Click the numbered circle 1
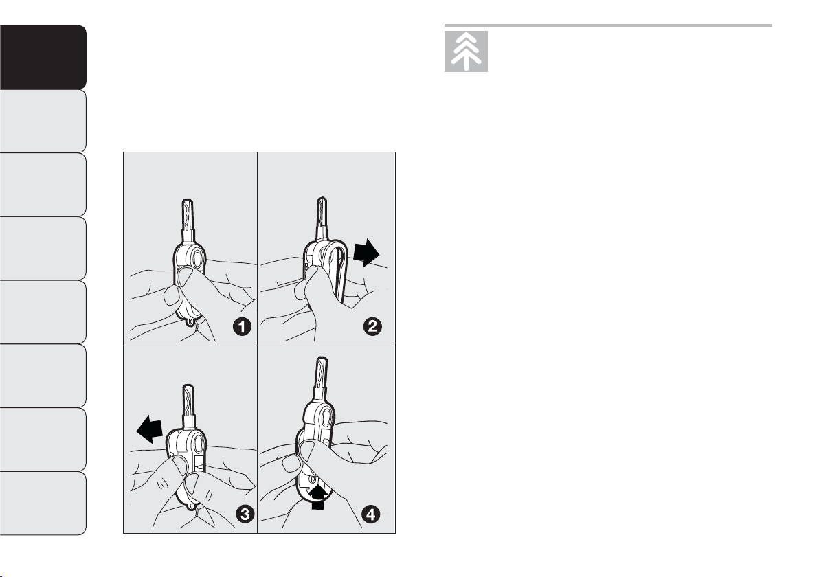[242, 327]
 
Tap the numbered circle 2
[372, 327]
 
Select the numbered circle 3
[245, 514]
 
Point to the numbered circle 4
[371, 515]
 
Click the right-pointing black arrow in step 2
[366, 253]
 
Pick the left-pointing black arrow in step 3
[150, 430]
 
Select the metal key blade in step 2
[321, 218]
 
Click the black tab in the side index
[43, 58]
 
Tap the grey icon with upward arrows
[466, 52]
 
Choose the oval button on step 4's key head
[326, 418]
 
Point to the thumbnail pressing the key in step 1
[184, 275]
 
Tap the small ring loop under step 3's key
[192, 506]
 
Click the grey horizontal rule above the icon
[608, 25]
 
